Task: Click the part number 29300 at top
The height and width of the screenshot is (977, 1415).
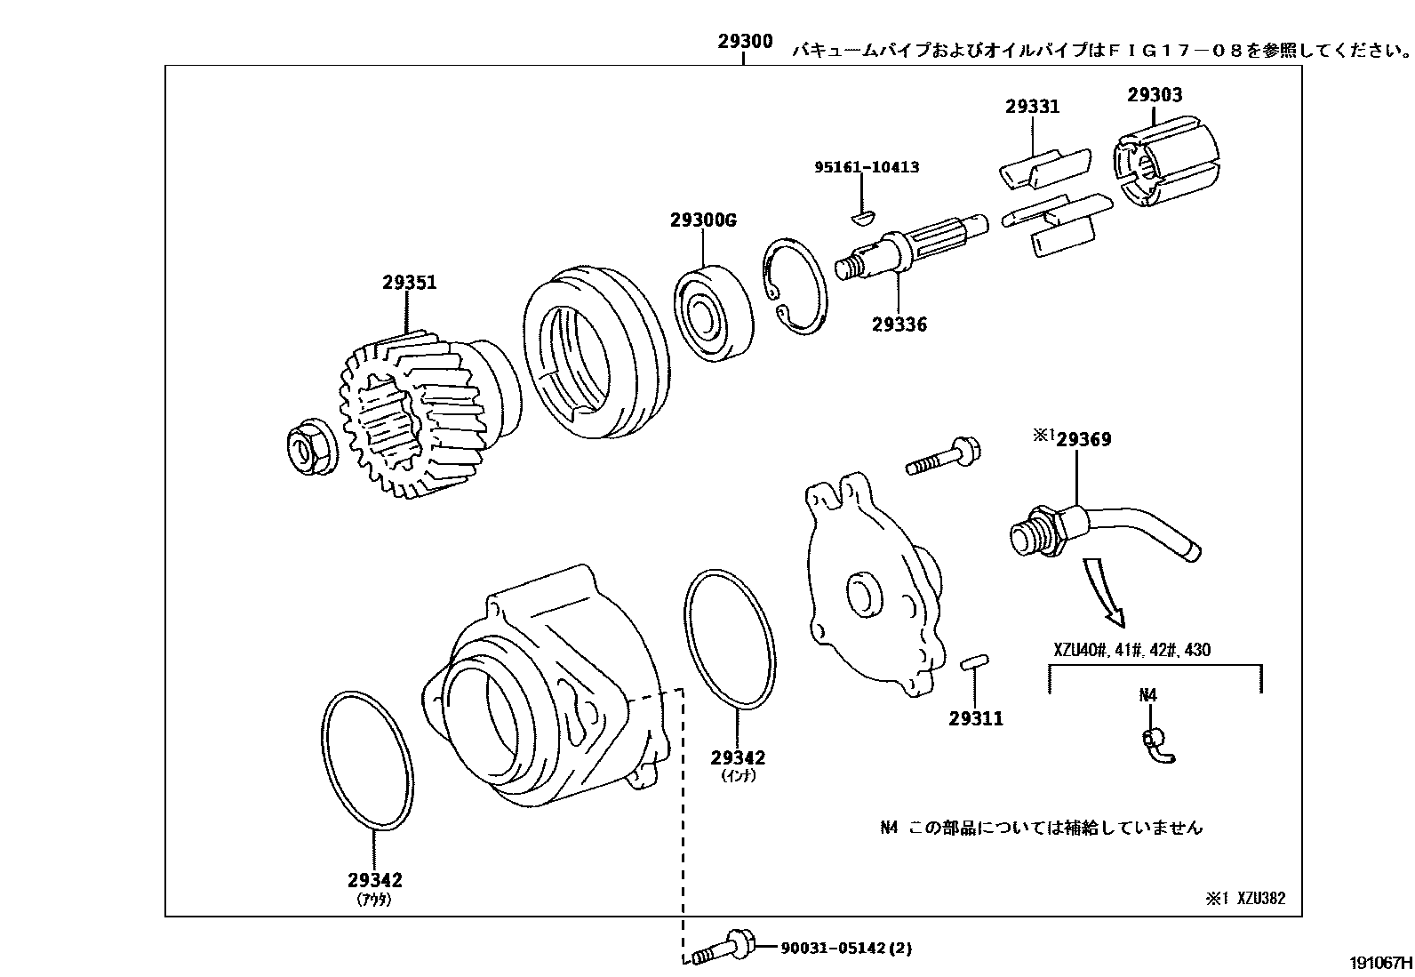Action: (745, 41)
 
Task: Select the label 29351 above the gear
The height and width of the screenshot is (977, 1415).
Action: (409, 283)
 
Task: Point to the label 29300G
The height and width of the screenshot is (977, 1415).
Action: (704, 220)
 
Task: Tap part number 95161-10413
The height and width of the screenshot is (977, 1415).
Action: (867, 167)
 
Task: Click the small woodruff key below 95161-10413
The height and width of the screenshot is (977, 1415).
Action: (863, 214)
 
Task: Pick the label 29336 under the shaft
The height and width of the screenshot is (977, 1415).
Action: (899, 324)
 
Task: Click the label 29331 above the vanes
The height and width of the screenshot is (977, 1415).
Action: (1032, 107)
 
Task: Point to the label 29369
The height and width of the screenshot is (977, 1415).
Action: (1083, 439)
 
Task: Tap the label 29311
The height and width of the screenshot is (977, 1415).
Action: (975, 718)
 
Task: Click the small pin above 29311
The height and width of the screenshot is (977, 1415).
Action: (974, 662)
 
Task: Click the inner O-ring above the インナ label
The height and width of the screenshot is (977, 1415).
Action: (728, 640)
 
